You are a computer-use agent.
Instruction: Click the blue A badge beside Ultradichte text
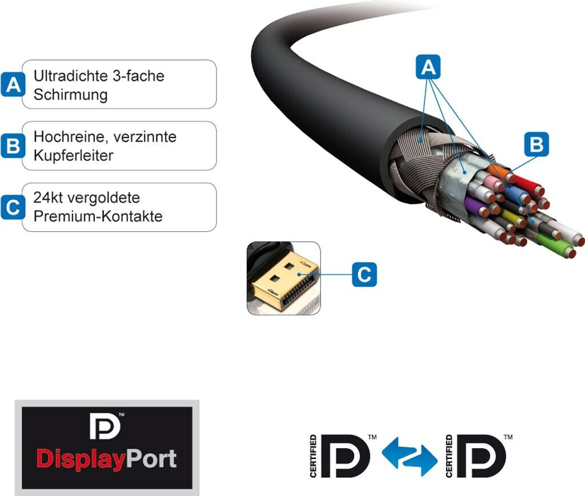coord(13,84)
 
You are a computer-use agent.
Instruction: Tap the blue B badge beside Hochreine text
coord(13,146)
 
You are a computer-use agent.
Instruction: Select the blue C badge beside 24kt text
coord(13,207)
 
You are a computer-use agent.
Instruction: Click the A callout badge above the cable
coord(428,67)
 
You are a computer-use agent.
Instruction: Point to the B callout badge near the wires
coord(536,144)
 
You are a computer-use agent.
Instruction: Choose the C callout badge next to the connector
coord(364,275)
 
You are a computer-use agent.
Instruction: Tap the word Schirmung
coord(70,95)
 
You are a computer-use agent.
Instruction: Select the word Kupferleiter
coord(73,155)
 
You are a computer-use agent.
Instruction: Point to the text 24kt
coord(47,197)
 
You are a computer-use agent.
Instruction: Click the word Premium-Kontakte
coord(98,216)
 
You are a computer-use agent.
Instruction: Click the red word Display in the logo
coord(80,459)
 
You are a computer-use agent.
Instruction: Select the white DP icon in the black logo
coord(105,426)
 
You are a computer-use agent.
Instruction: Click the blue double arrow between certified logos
coord(410,456)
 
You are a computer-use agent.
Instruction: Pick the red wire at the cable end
coord(526,184)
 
